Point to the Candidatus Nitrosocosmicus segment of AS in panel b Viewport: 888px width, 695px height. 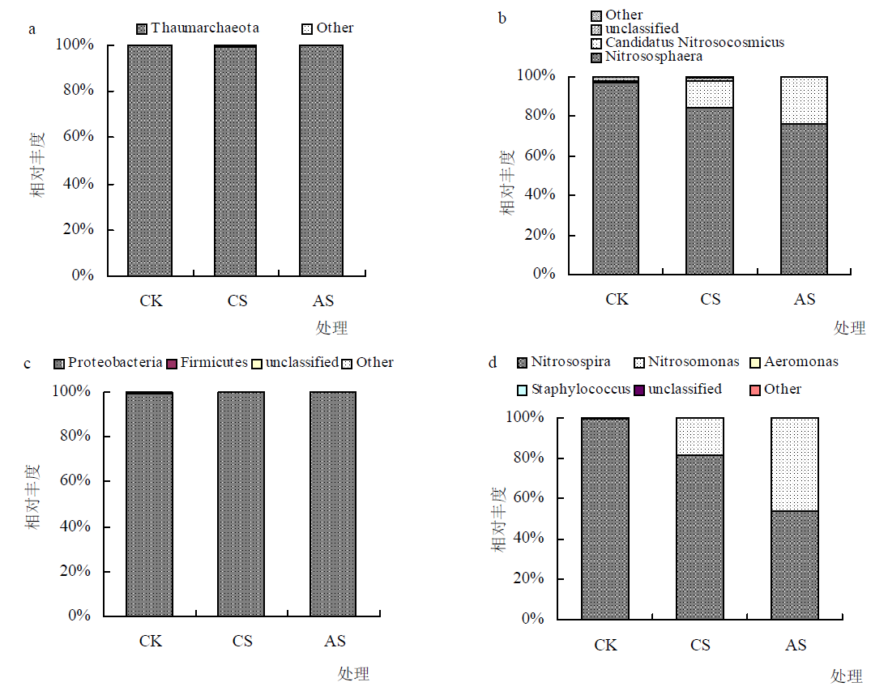[x=804, y=100]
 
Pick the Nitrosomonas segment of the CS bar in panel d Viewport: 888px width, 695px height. [x=700, y=436]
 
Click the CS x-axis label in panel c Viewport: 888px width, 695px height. [x=242, y=642]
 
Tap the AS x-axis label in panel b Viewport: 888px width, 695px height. [x=804, y=300]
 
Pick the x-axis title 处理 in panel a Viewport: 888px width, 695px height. [x=331, y=328]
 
